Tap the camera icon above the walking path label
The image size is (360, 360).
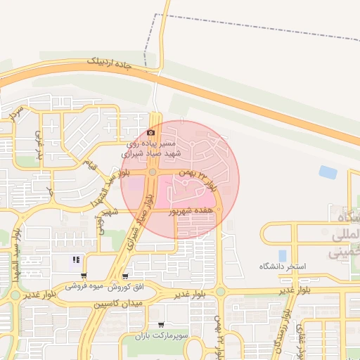pyautogui.click(x=151, y=133)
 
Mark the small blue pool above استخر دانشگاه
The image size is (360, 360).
pyautogui.click(x=282, y=255)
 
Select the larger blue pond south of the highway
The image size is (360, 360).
pyautogui.click(x=328, y=172)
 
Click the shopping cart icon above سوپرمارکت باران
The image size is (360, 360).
pyautogui.click(x=162, y=326)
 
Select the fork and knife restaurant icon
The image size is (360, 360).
pyautogui.click(x=76, y=260)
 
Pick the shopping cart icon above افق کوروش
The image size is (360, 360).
pyautogui.click(x=125, y=276)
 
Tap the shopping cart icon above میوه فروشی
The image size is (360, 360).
pyautogui.click(x=84, y=276)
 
